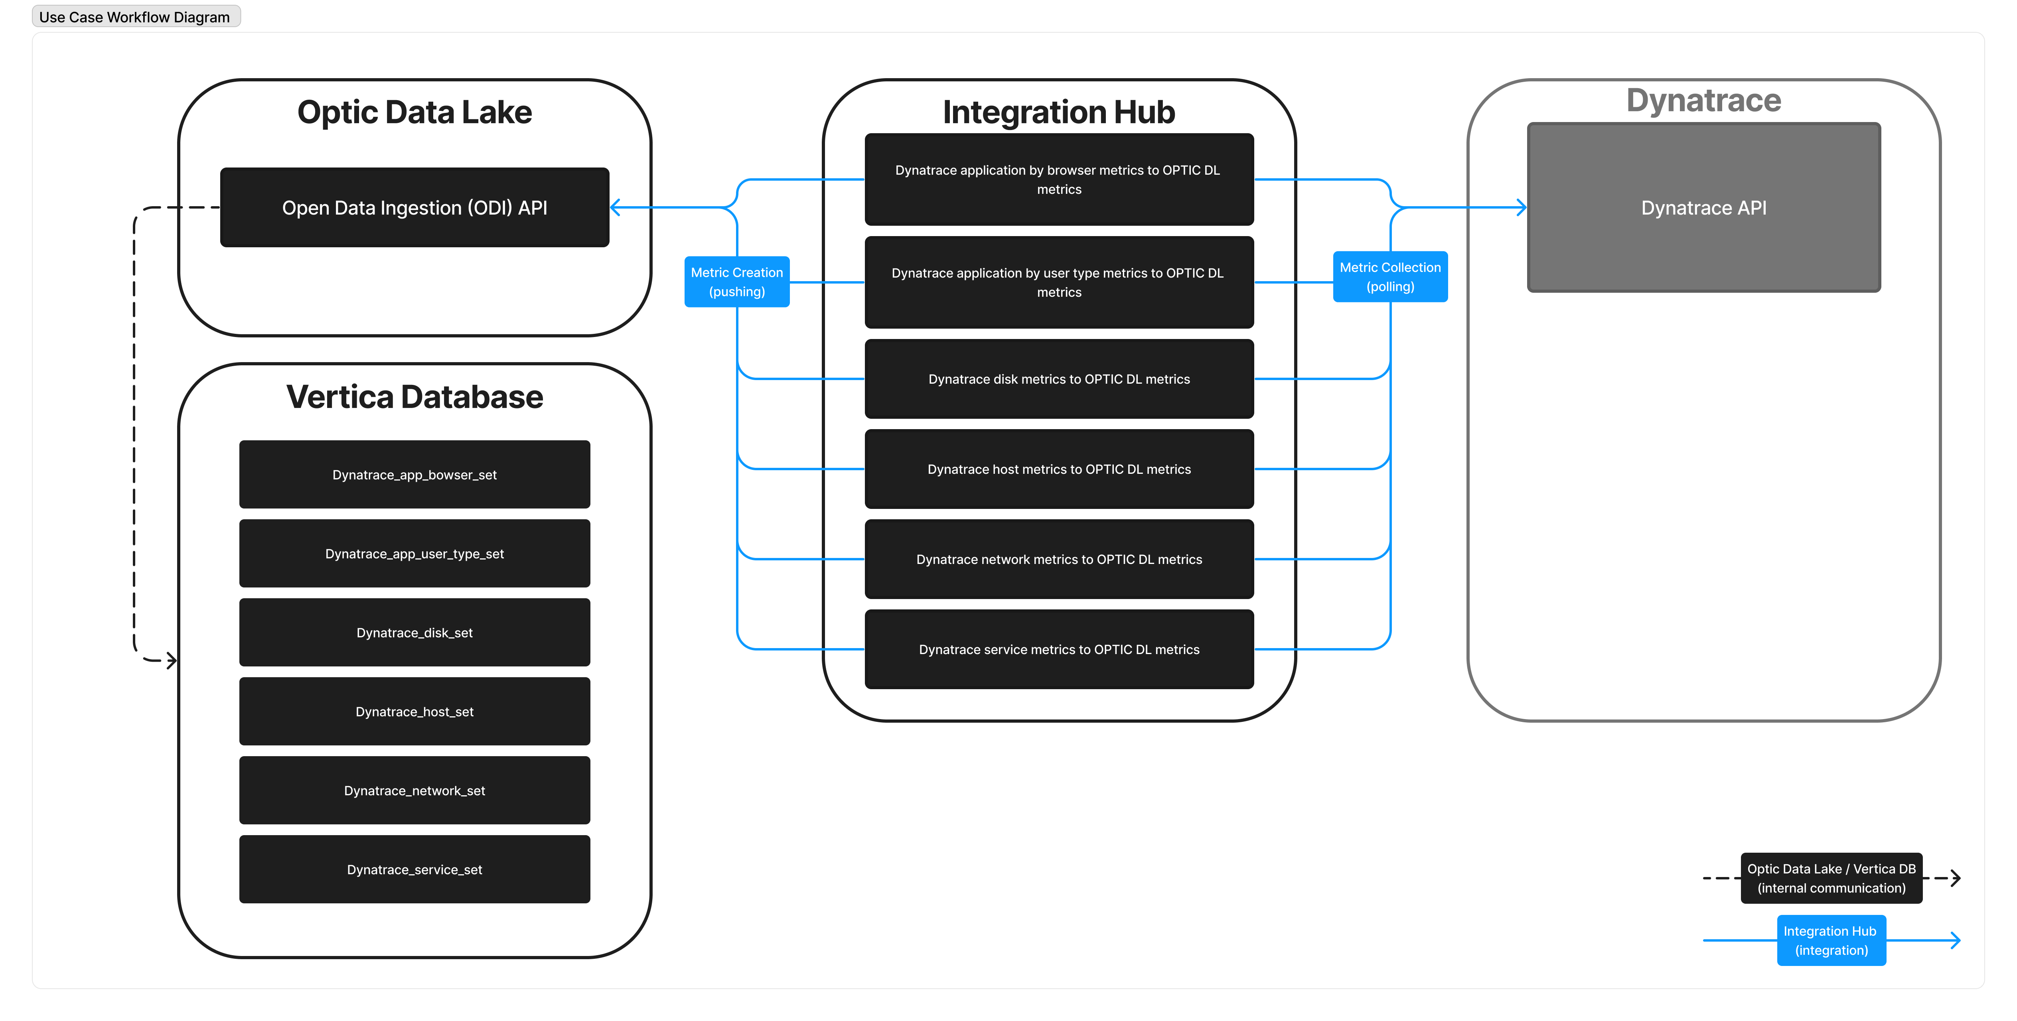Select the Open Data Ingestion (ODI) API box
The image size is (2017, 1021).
click(414, 207)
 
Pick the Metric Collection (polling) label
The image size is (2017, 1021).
click(1390, 276)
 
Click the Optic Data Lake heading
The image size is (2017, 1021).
click(414, 112)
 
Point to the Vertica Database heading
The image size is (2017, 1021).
click(414, 397)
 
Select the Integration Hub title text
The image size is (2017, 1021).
click(1059, 112)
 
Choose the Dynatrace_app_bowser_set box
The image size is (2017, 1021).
click(414, 475)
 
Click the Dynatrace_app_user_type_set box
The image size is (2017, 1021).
click(414, 554)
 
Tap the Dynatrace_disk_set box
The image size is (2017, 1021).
click(414, 633)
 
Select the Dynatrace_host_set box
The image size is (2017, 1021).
click(414, 712)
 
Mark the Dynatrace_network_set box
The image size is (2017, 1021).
click(414, 791)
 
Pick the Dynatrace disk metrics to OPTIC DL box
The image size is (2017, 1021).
click(1059, 379)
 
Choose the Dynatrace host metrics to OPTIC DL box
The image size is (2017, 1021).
click(1059, 469)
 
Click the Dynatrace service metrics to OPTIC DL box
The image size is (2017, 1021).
click(1059, 649)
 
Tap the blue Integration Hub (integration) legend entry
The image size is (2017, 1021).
click(1831, 940)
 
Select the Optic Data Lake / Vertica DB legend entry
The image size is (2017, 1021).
click(1831, 878)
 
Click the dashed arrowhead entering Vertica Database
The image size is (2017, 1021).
click(172, 660)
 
